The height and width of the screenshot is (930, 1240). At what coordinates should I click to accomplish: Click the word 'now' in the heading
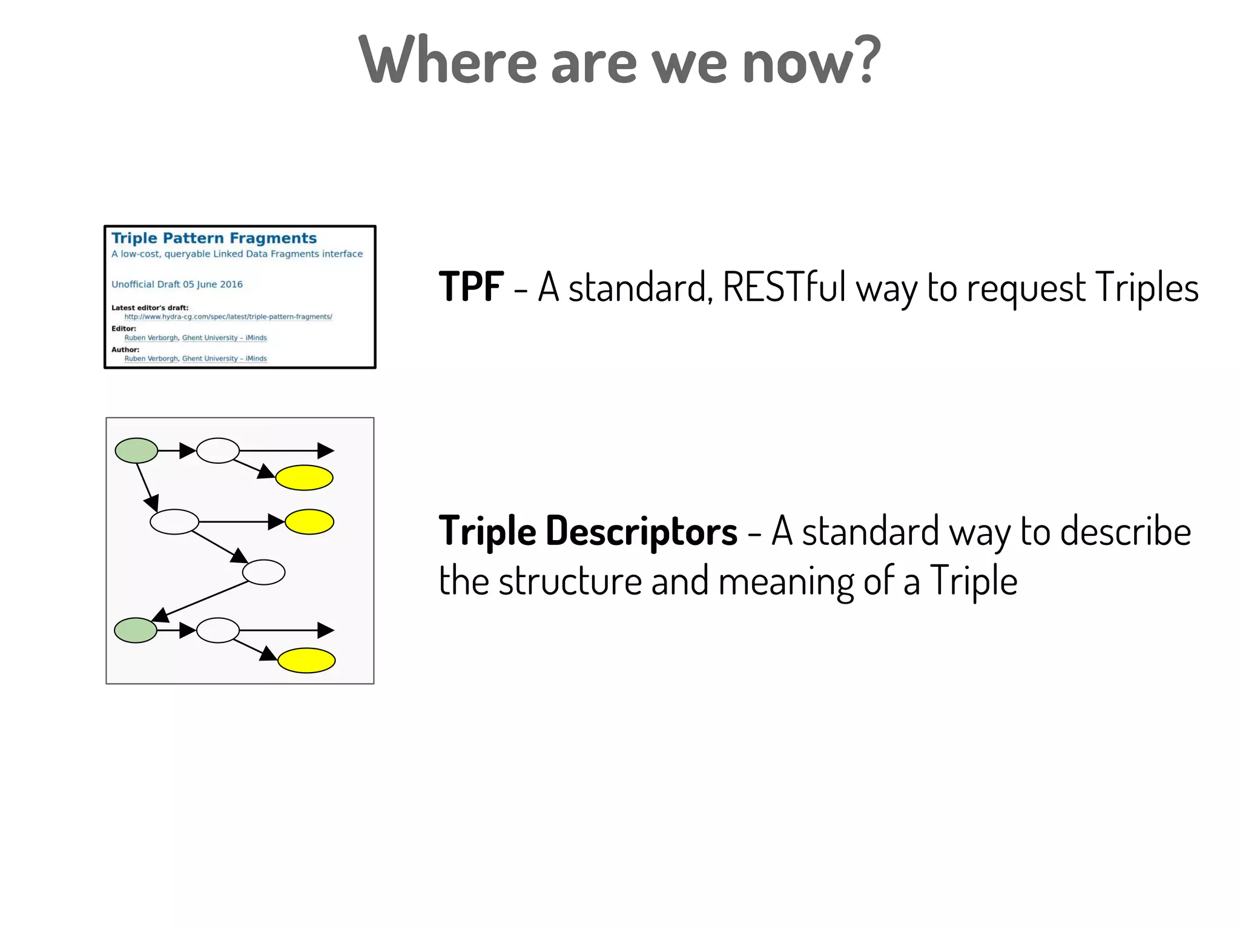pyautogui.click(x=798, y=64)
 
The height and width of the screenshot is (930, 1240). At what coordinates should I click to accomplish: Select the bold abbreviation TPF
pyautogui.click(x=471, y=286)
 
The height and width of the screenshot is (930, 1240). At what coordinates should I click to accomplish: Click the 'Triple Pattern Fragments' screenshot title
pyautogui.click(x=214, y=238)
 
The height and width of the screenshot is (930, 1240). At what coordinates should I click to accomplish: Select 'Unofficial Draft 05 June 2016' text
pyautogui.click(x=177, y=284)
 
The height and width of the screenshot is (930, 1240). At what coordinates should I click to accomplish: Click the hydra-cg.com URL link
pyautogui.click(x=228, y=317)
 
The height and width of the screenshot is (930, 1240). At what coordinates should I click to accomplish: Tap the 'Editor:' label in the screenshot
pyautogui.click(x=124, y=328)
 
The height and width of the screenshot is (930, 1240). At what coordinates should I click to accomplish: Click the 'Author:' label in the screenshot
pyautogui.click(x=125, y=349)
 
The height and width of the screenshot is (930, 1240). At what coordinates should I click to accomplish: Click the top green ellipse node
pyautogui.click(x=136, y=450)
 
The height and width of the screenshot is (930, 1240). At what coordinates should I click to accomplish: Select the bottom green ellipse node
pyautogui.click(x=136, y=630)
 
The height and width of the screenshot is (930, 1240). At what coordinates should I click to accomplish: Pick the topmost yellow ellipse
pyautogui.click(x=304, y=478)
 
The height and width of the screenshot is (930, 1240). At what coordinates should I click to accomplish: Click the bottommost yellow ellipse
pyautogui.click(x=306, y=661)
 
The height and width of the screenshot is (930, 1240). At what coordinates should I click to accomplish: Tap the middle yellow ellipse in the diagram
pyautogui.click(x=309, y=522)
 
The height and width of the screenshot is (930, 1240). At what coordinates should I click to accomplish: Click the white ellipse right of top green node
pyautogui.click(x=218, y=450)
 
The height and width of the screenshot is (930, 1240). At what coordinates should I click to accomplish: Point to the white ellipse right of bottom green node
pyautogui.click(x=218, y=630)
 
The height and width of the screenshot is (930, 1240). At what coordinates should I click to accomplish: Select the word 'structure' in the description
pyautogui.click(x=570, y=581)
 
